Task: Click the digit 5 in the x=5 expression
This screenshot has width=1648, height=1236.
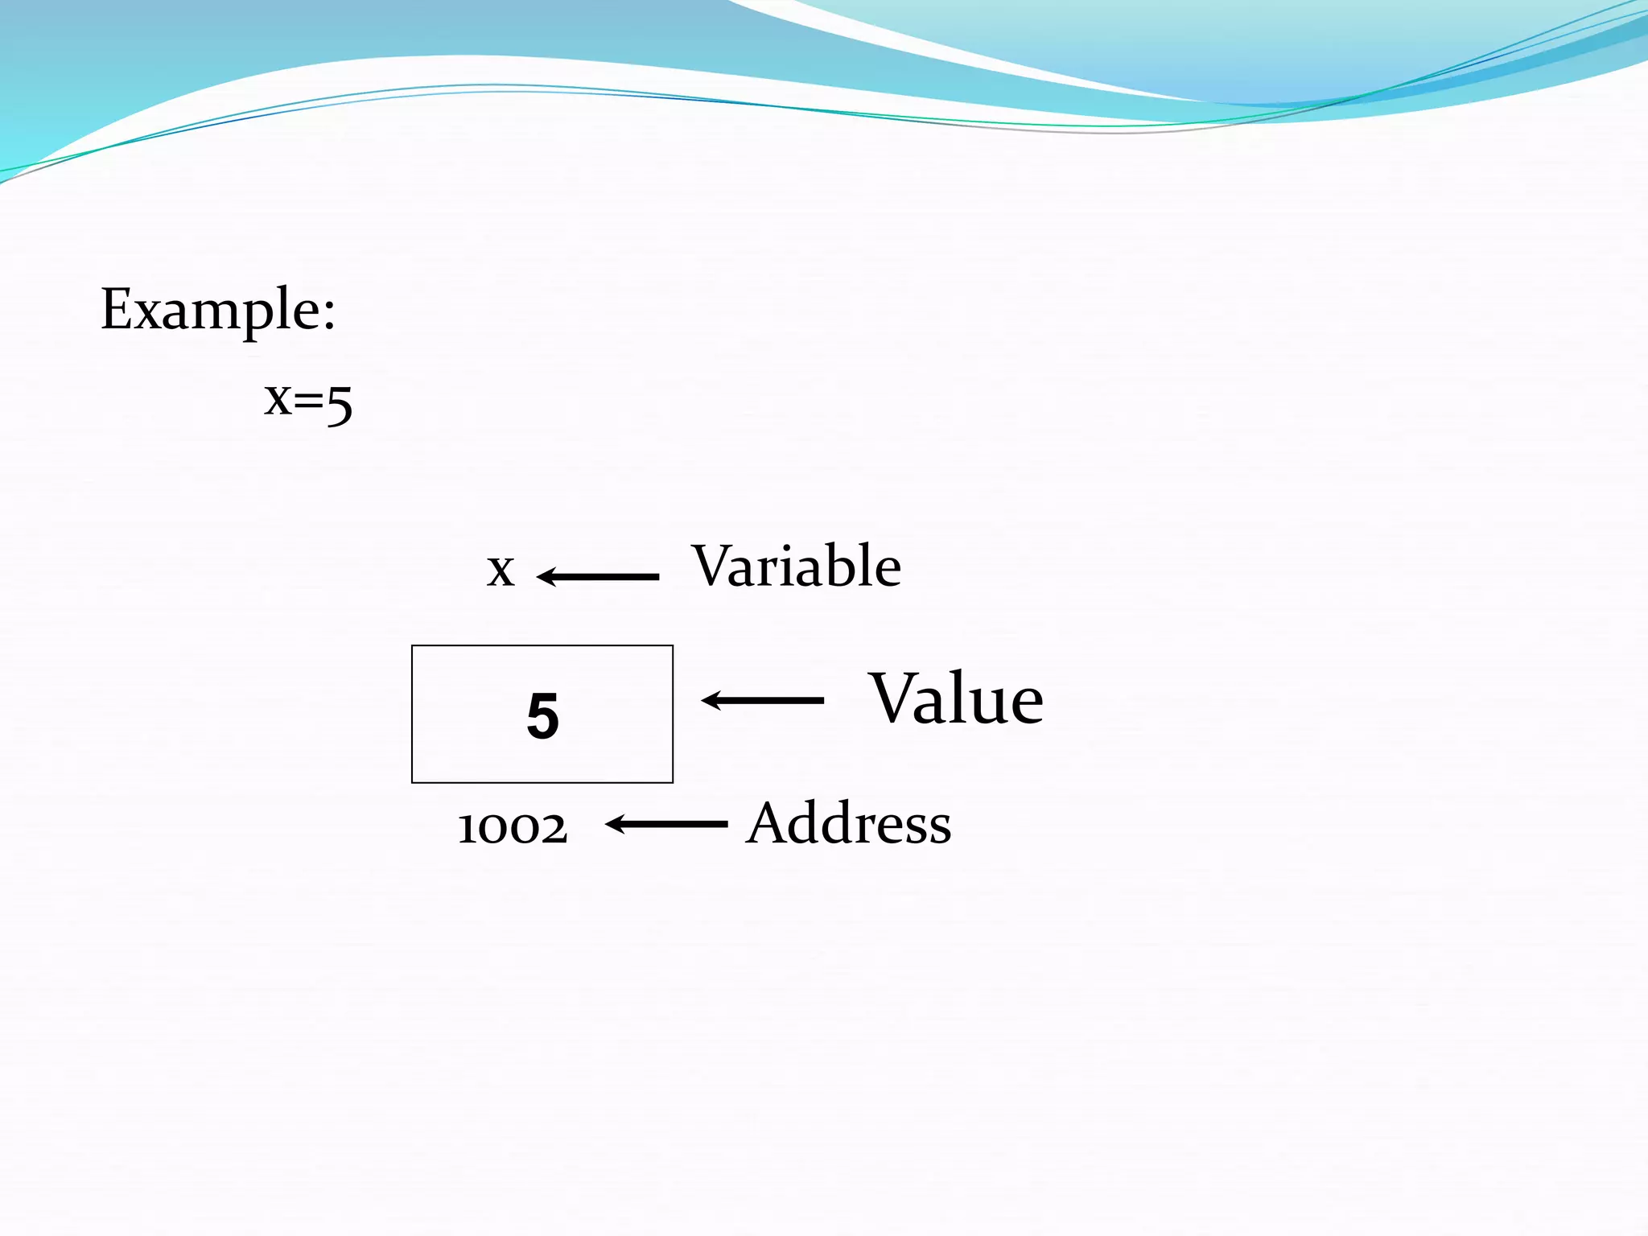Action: click(x=340, y=404)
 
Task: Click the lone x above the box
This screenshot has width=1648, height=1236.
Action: click(x=501, y=571)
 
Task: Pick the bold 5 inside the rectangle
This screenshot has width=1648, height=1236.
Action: click(x=542, y=715)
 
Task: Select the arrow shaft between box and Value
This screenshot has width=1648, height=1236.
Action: click(x=772, y=701)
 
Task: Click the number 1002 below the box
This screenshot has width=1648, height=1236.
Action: click(x=513, y=827)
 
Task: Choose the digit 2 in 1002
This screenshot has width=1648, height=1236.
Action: click(x=554, y=829)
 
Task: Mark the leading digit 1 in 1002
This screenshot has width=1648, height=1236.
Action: click(x=467, y=828)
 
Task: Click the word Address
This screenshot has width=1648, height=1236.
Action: click(x=848, y=824)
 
